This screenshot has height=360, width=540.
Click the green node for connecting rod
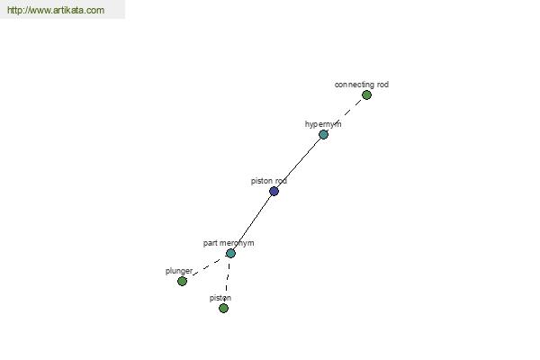[x=366, y=94]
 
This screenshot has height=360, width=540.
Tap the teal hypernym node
[x=323, y=134]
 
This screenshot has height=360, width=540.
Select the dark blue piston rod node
[x=274, y=191]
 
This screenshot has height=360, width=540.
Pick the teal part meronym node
[x=230, y=253]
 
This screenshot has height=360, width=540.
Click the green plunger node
[x=182, y=281]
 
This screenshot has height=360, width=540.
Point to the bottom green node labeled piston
[x=223, y=308]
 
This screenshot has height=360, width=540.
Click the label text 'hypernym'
[x=323, y=124]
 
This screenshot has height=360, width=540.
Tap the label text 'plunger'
[x=179, y=271]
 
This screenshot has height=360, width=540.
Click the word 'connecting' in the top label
[x=355, y=85]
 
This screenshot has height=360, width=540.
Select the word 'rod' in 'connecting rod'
[x=382, y=85]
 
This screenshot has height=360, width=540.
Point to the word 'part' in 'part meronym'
[x=210, y=243]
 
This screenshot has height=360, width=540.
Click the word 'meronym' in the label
[x=237, y=243]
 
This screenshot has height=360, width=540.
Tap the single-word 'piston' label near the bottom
[x=220, y=298]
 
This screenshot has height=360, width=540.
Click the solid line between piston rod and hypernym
[x=299, y=163]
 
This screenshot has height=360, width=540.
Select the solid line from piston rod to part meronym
[x=252, y=222]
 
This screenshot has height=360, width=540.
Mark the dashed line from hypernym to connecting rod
[x=345, y=114]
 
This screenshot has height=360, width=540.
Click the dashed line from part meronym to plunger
[x=206, y=267]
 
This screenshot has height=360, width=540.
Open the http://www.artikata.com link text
[x=56, y=10]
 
